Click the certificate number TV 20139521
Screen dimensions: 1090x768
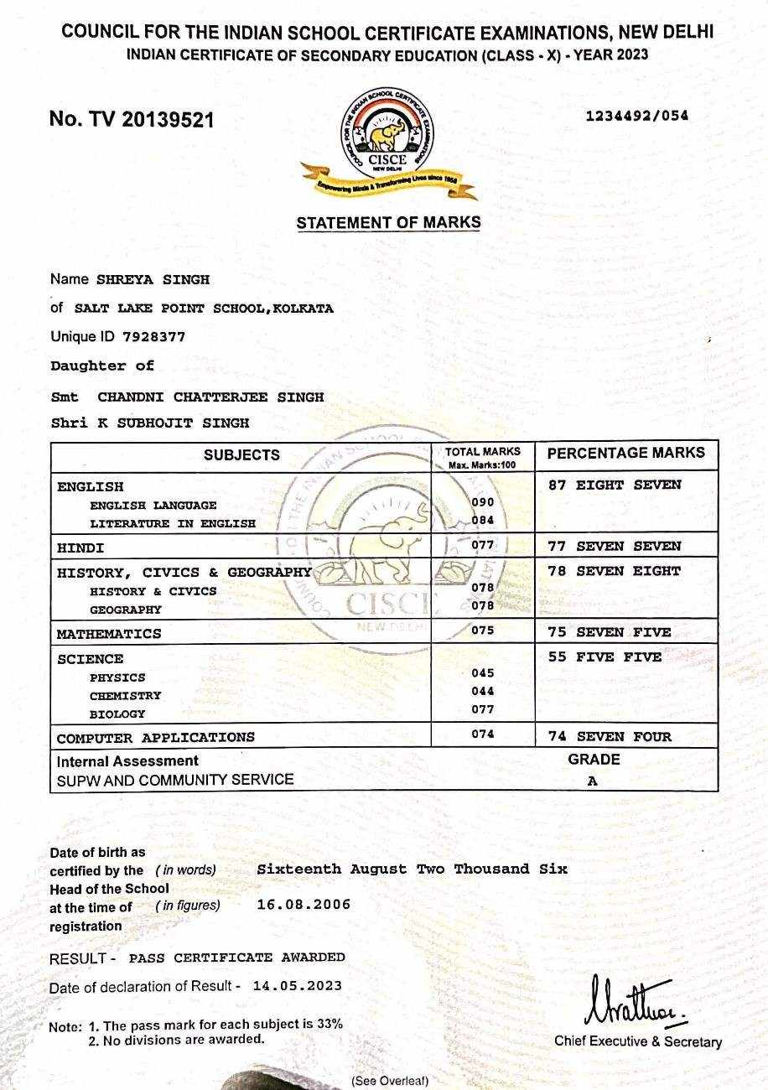click(x=132, y=119)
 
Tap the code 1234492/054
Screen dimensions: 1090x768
click(x=636, y=116)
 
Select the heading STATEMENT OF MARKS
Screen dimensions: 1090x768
click(x=388, y=223)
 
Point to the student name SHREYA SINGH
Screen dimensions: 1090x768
click(x=153, y=279)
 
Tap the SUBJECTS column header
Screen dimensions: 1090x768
click(x=241, y=454)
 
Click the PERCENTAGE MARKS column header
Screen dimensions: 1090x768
click(x=625, y=453)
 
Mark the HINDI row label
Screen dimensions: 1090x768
click(x=80, y=548)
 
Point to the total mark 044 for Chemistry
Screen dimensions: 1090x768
click(x=483, y=691)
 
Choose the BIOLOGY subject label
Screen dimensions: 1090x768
click(x=117, y=714)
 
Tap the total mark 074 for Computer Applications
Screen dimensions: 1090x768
click(x=483, y=734)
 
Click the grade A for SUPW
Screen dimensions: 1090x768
click(x=593, y=781)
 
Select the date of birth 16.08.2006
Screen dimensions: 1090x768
click(x=304, y=904)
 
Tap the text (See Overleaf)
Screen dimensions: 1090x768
click(x=389, y=1081)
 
